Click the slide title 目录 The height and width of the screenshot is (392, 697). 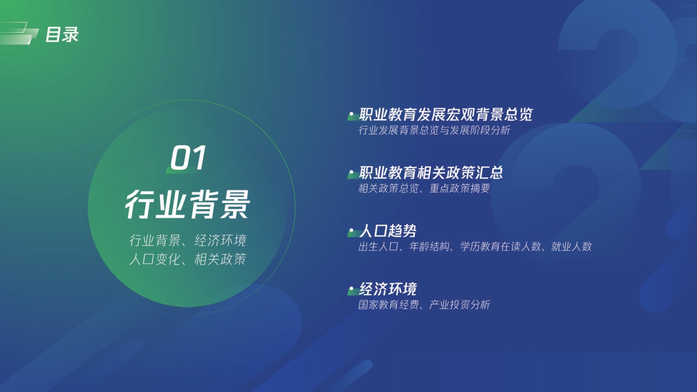pos(62,35)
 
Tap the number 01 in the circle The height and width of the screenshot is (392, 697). pos(188,158)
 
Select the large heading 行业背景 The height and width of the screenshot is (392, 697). pos(187,205)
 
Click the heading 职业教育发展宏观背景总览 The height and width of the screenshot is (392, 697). pos(445,114)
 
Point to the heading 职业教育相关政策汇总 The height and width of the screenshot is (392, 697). pos(431,173)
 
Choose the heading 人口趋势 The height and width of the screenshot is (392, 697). pos(388,231)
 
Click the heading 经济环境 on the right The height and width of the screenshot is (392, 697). pos(388,289)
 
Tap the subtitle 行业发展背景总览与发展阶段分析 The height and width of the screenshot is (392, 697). pos(434,131)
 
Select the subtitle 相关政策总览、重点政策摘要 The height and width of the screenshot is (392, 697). pos(424,188)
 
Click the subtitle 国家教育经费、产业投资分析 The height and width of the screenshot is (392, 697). pos(424,305)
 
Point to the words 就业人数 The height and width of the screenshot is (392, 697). pos(571,247)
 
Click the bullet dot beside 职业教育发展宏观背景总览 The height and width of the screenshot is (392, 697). pos(352,115)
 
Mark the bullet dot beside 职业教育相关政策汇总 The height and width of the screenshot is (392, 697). pos(352,173)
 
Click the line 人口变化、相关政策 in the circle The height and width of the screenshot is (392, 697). pos(187,259)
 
